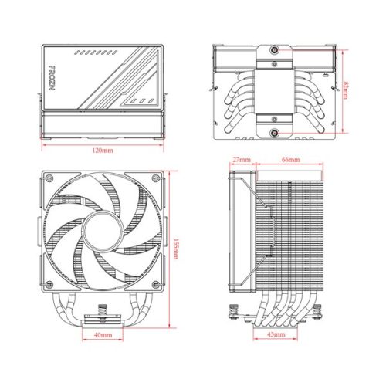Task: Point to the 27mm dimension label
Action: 242,159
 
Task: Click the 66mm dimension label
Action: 290,159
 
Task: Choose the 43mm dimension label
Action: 275,336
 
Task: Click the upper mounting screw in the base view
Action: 274,52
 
